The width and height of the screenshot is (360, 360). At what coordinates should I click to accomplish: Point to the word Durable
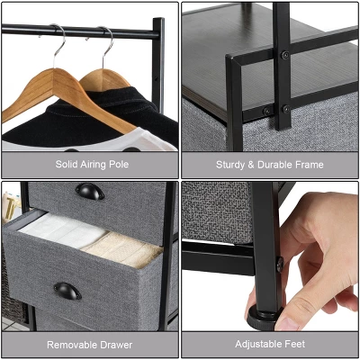click(x=274, y=165)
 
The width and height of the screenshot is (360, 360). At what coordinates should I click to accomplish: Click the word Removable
click(x=76, y=345)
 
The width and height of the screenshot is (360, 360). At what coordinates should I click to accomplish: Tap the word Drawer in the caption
click(x=117, y=345)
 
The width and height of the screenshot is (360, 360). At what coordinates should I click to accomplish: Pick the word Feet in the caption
click(x=296, y=345)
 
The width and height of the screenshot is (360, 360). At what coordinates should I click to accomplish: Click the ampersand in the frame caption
click(x=251, y=165)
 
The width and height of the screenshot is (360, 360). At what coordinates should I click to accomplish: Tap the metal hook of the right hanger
click(x=107, y=43)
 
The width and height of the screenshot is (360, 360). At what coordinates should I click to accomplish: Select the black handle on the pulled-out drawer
click(x=67, y=291)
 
